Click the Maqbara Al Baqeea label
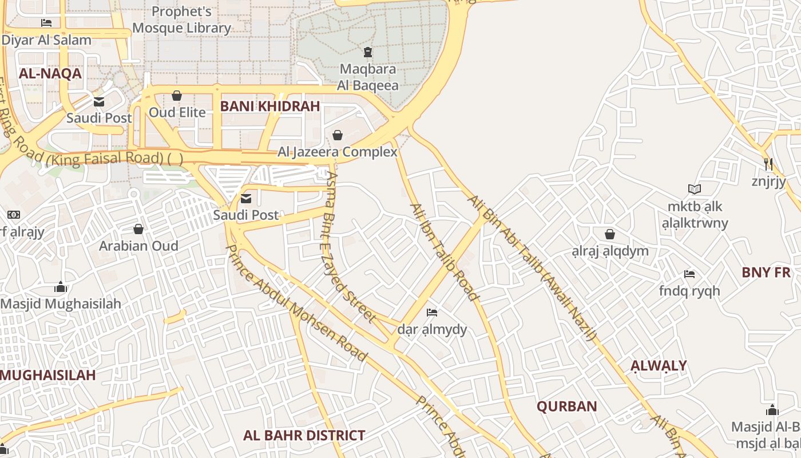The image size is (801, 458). (367, 77)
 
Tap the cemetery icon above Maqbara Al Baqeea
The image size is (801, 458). (367, 53)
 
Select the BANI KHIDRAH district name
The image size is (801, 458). (270, 106)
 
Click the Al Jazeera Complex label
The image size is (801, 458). (337, 152)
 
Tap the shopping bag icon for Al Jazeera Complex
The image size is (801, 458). (338, 135)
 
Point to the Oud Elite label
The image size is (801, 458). (177, 112)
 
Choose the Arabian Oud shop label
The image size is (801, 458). (138, 246)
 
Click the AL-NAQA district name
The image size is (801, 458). (50, 74)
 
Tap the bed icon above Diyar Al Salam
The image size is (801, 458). (46, 23)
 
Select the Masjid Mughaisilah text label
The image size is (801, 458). (61, 304)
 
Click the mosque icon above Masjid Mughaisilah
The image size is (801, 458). (61, 287)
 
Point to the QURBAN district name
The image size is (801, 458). (566, 407)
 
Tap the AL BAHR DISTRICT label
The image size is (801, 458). (304, 436)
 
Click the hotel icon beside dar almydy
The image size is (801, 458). (432, 313)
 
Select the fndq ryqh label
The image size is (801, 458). (689, 291)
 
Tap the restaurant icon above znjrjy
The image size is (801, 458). (768, 164)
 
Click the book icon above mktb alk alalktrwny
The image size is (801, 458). (695, 189)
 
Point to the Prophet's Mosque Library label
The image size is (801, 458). (181, 19)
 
